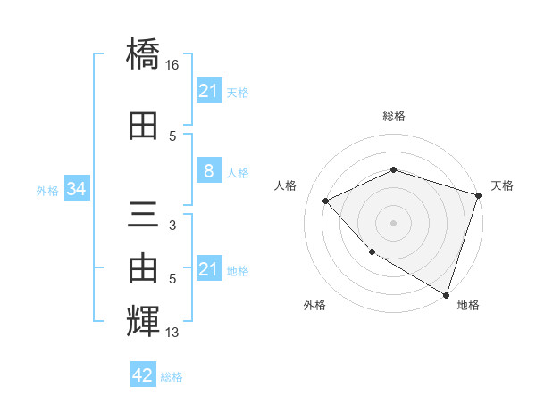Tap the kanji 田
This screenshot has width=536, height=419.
[x=143, y=126]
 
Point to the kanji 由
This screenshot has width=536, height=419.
[x=143, y=267]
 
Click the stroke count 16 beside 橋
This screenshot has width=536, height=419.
[x=173, y=65]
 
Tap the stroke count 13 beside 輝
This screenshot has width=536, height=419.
[x=173, y=333]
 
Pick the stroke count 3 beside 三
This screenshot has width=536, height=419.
[x=172, y=226]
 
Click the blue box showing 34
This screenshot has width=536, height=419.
[x=76, y=189]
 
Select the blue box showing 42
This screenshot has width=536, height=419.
[x=143, y=375]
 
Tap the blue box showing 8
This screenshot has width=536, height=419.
[x=208, y=171]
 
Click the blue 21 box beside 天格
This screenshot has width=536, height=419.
[x=208, y=91]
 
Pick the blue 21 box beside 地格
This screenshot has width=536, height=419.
[x=208, y=269]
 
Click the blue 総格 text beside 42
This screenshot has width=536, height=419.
[x=172, y=377]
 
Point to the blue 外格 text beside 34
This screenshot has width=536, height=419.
[x=47, y=190]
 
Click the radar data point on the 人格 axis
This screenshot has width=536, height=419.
[x=326, y=201]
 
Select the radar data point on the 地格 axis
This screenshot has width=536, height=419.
[x=445, y=293]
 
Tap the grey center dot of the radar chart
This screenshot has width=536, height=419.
[x=393, y=222]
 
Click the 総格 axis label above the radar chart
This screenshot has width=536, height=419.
[x=393, y=116]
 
